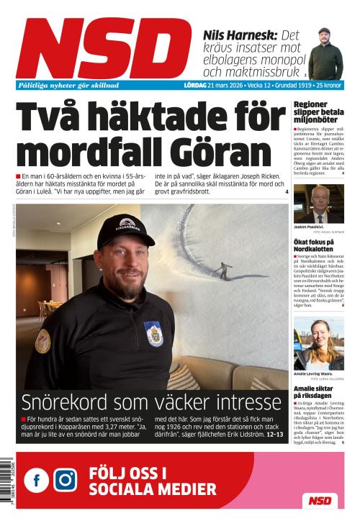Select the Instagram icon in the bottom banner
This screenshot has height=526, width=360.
point(65,480)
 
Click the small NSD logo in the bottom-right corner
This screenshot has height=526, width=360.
point(319,500)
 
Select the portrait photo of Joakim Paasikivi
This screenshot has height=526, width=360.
point(318,204)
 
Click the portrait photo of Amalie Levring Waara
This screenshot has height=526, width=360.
point(318,344)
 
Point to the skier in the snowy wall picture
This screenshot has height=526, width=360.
point(226,270)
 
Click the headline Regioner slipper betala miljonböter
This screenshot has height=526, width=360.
point(318,113)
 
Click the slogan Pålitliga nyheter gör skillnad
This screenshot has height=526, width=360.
point(68,85)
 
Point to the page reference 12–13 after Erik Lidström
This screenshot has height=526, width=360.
point(275,435)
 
